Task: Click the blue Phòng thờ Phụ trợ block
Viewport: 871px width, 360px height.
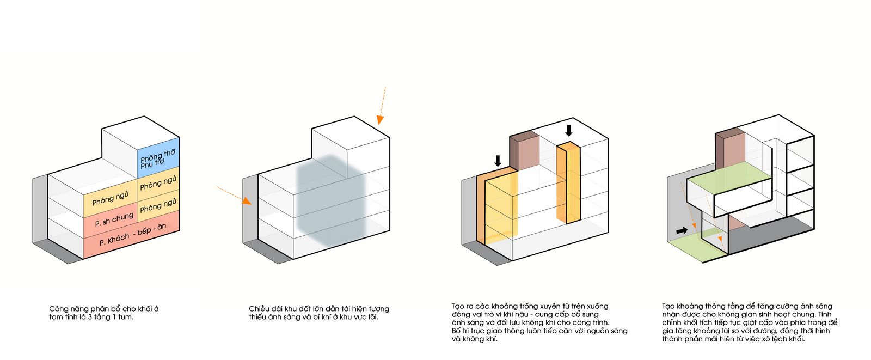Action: [x=158, y=158]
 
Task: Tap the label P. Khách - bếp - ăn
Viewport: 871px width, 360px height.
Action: [x=133, y=235]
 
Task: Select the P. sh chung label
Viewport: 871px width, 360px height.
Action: [x=114, y=219]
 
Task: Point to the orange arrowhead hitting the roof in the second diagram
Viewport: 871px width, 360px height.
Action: [x=380, y=120]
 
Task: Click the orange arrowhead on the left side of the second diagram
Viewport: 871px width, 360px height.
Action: [x=247, y=201]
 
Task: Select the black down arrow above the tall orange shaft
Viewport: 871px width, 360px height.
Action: [x=569, y=131]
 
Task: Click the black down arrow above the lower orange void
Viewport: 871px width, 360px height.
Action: [x=498, y=161]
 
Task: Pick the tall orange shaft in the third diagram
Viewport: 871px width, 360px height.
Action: [x=568, y=183]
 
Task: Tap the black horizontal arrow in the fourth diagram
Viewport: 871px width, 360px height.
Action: [x=682, y=230]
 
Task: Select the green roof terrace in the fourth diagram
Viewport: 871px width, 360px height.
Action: [x=729, y=178]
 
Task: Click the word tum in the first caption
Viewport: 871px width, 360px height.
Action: [x=125, y=317]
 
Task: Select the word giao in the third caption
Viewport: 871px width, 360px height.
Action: [x=495, y=331]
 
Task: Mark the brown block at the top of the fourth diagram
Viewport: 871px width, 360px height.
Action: [x=730, y=149]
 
